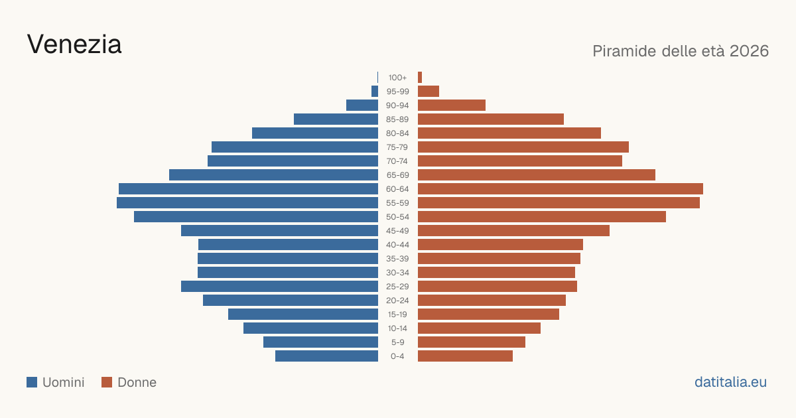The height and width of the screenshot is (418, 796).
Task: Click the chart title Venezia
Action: [x=74, y=44]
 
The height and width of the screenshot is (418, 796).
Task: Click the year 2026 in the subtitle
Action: [x=749, y=51]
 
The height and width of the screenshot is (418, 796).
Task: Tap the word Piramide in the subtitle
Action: [x=624, y=51]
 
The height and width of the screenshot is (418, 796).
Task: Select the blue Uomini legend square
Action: [x=32, y=382]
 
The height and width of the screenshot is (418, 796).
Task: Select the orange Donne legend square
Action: [x=107, y=382]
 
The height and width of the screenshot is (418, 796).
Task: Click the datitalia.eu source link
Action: [x=730, y=382]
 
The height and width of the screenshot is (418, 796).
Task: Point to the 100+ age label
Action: [x=397, y=78]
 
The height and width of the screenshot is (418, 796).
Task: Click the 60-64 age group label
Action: [x=397, y=189]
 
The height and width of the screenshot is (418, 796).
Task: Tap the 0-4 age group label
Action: [x=397, y=356]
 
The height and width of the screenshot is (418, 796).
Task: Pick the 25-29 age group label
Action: [x=397, y=287]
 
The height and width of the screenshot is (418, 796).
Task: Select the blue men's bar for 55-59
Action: [x=247, y=203]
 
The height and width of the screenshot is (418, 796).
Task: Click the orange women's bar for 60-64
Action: [x=561, y=189]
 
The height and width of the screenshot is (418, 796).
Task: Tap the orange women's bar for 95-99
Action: [x=429, y=92]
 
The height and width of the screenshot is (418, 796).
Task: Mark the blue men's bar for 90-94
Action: [x=362, y=105]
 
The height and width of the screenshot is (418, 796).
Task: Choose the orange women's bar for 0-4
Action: [x=465, y=356]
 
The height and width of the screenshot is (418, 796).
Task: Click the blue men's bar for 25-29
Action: [x=279, y=287]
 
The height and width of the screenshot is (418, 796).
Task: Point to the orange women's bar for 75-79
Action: [x=523, y=147]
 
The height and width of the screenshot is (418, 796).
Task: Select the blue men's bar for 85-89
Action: [x=336, y=119]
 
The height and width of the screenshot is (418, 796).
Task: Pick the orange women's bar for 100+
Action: [x=420, y=78]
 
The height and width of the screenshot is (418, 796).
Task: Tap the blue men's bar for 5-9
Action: [x=320, y=342]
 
